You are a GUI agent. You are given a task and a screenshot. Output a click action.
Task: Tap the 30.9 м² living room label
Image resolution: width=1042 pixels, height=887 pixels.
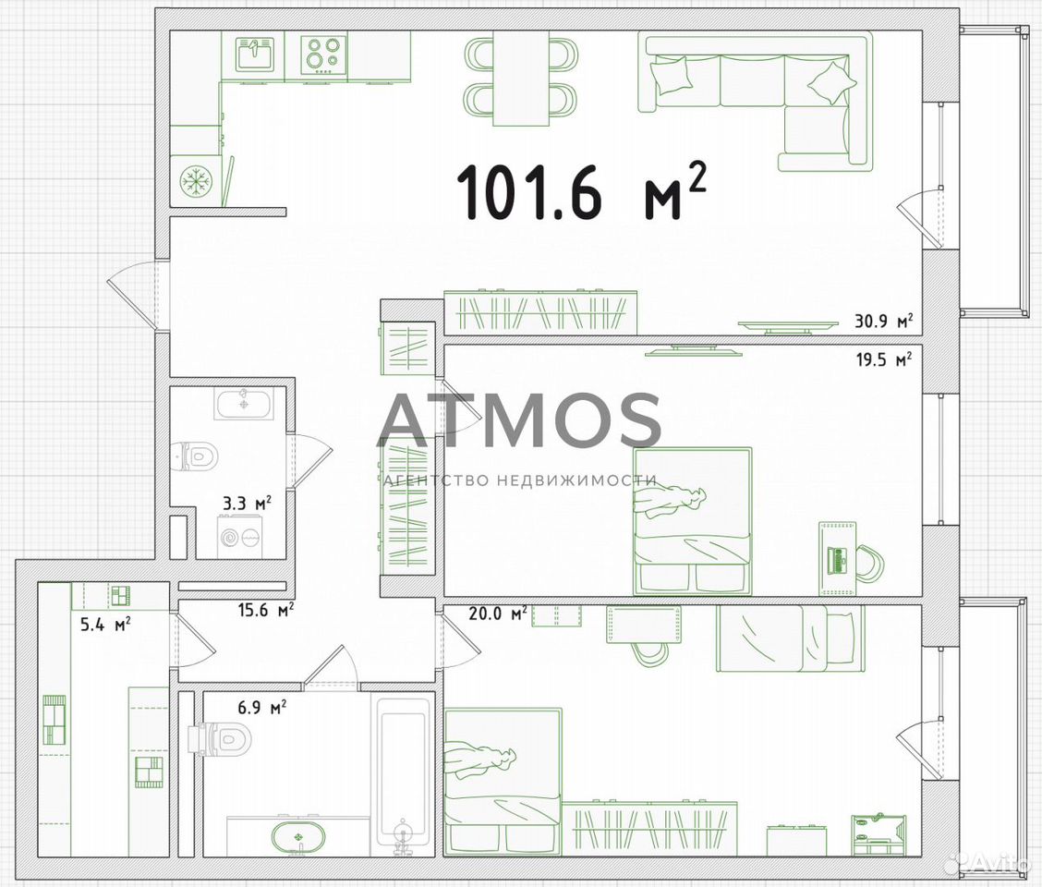coord(884,322)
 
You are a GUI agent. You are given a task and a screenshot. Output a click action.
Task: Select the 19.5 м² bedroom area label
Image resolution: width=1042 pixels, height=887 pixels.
coord(884,359)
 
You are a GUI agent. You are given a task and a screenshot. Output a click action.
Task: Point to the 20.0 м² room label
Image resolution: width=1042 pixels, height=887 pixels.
coord(499,614)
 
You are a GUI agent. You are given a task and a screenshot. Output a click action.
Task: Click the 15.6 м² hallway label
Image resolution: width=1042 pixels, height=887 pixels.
coord(266,610)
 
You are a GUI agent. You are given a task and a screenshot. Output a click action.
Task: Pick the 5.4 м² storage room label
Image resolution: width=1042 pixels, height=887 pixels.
coord(105,625)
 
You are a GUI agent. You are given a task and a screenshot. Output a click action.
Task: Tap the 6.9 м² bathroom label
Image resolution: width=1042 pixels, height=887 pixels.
coord(261,708)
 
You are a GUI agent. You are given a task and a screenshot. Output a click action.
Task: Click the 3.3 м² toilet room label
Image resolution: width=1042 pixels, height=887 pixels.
coord(248,504)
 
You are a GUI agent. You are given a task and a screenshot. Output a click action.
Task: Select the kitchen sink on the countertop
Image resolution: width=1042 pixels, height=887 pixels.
coord(254,55)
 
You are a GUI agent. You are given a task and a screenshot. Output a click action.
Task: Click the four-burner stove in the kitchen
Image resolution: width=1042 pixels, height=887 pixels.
coord(324,55)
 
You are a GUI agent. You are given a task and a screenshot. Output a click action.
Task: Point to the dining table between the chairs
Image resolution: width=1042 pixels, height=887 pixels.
coord(520,79)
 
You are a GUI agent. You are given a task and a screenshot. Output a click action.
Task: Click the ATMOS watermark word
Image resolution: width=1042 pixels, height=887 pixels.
coord(518,420)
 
